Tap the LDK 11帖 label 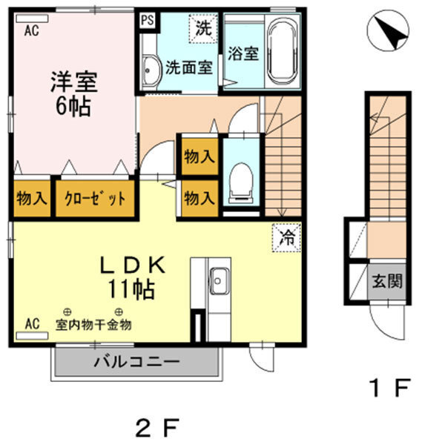coord(133,276)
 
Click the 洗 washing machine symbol coord(203,29)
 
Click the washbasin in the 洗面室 coord(151,69)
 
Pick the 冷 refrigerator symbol coord(286,238)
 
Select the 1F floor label coord(389,386)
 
